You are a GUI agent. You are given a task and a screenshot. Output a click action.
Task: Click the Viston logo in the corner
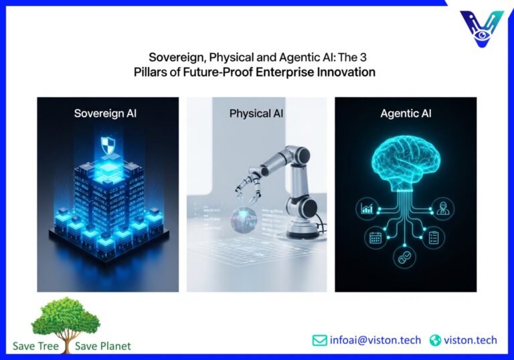[x=482, y=27]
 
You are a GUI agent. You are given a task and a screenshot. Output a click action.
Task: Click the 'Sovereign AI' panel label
[x=107, y=113]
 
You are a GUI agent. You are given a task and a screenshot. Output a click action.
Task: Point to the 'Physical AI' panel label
[x=256, y=113]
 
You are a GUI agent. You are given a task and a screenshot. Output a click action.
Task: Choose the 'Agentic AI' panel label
[x=406, y=113]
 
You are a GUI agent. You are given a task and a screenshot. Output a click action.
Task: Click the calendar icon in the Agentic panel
[x=374, y=237]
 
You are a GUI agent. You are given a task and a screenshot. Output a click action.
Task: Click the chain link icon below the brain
[x=405, y=258]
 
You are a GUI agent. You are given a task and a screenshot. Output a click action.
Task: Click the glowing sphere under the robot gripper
[x=240, y=221]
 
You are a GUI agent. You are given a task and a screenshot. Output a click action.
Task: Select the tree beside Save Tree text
[x=66, y=321]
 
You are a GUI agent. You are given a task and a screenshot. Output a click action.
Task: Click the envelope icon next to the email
[x=320, y=340]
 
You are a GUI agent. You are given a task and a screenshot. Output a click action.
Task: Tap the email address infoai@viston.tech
[x=375, y=340]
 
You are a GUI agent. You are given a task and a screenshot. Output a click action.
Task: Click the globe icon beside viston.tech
[x=435, y=340]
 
